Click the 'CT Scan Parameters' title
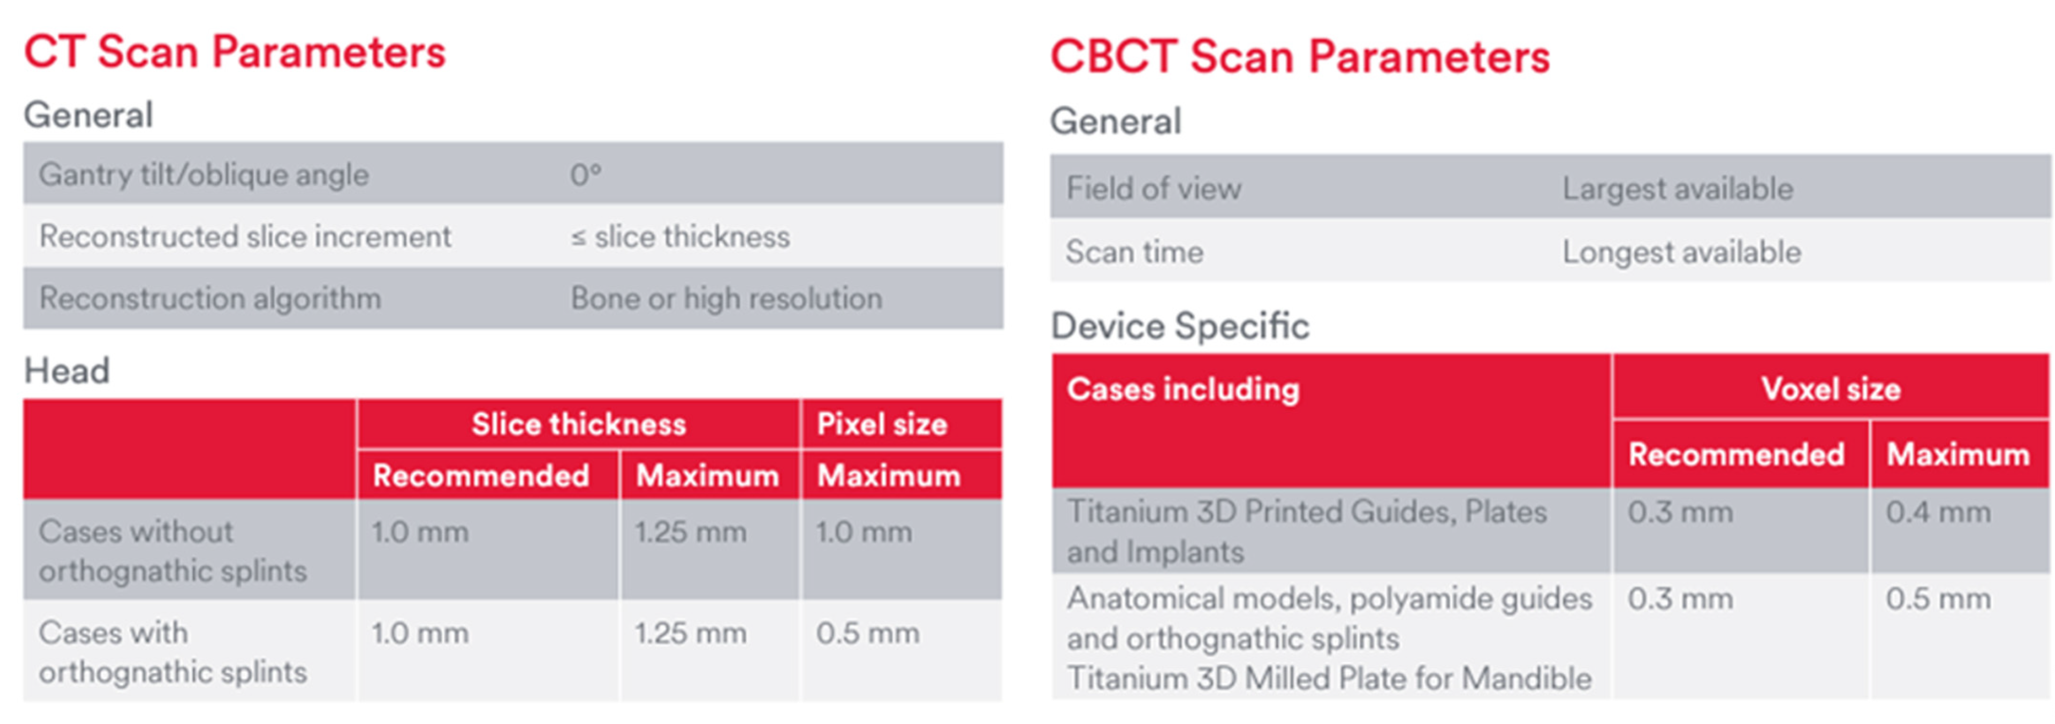click(x=235, y=53)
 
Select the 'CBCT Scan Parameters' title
click(x=1300, y=57)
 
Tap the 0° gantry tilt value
click(x=585, y=175)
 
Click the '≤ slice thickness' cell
click(x=680, y=237)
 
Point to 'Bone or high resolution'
click(x=726, y=298)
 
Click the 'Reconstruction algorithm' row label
click(x=210, y=298)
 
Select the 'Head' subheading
click(x=67, y=371)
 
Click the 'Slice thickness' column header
click(x=578, y=424)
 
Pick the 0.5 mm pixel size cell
click(x=867, y=633)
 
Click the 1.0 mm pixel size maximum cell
click(x=864, y=532)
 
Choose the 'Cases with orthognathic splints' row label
click(x=172, y=652)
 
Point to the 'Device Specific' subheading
click(x=1180, y=326)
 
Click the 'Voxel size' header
click(x=1831, y=389)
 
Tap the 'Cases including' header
click(x=1183, y=389)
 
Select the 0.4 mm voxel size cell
click(x=1938, y=512)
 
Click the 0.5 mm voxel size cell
click(x=1938, y=599)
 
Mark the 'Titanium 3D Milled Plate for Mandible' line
click(x=1329, y=678)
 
